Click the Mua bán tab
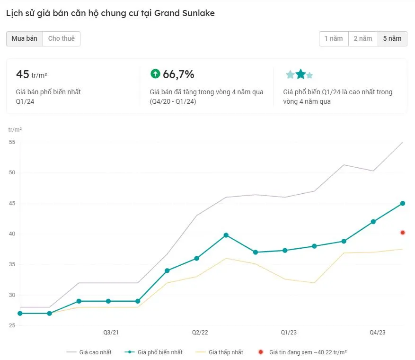[x=25, y=39]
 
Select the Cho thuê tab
[x=62, y=39]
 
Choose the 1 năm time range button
[x=334, y=39]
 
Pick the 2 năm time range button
[x=363, y=39]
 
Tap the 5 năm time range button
[x=392, y=39]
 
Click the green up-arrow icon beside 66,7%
[x=155, y=74]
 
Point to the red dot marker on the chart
[x=403, y=233]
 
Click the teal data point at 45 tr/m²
[x=403, y=203]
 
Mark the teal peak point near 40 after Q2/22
[x=226, y=235]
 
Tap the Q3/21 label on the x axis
[x=111, y=333]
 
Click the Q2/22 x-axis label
[x=200, y=333]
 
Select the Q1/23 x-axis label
[x=289, y=333]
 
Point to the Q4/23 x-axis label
[x=378, y=333]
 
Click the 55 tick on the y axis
[x=12, y=142]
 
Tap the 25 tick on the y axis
[x=12, y=326]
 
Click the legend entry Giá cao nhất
[x=95, y=352]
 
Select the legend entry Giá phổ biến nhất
[x=160, y=352]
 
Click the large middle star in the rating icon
[x=300, y=74]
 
